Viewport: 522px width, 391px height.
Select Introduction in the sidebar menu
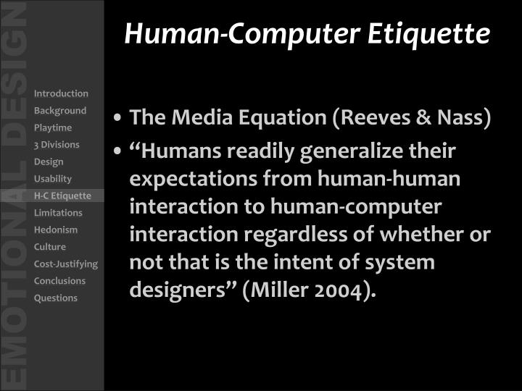point(61,93)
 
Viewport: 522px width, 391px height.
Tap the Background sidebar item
point(60,111)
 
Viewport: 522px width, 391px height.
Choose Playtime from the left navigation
point(53,127)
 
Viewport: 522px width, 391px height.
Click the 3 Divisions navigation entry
point(57,145)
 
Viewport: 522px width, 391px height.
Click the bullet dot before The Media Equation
point(118,119)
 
